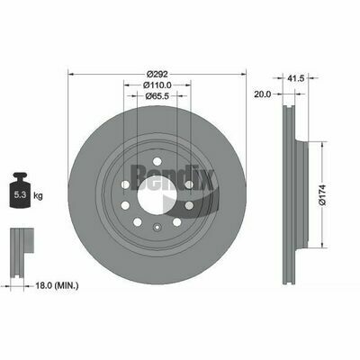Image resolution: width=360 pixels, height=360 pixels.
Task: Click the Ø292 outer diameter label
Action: [x=157, y=74]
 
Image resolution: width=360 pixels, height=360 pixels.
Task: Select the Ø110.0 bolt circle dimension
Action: [x=157, y=85]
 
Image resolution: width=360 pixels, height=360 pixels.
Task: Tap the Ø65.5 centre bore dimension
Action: [x=157, y=96]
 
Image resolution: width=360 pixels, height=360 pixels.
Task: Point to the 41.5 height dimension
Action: [x=296, y=78]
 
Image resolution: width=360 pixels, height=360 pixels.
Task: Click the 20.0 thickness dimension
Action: [x=263, y=94]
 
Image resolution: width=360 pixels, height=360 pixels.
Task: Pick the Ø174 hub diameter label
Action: [x=322, y=195]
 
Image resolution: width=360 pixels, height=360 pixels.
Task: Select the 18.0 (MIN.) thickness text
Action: [x=57, y=286]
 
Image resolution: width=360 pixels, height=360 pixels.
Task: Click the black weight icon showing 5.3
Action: [x=21, y=190]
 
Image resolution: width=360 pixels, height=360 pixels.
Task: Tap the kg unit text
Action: [x=38, y=196]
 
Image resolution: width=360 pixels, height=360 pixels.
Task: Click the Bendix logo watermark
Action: [x=173, y=177]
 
